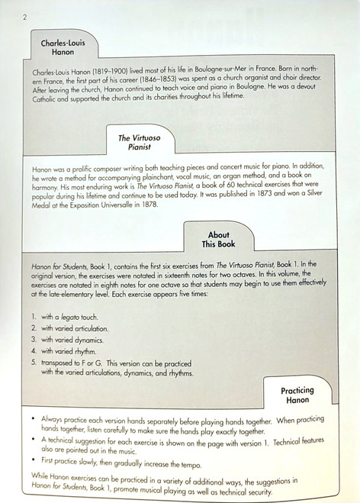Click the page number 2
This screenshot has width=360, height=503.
26,17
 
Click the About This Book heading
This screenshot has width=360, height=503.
219,239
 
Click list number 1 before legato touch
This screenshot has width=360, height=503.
35,315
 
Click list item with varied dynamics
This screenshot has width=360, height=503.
76,337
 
